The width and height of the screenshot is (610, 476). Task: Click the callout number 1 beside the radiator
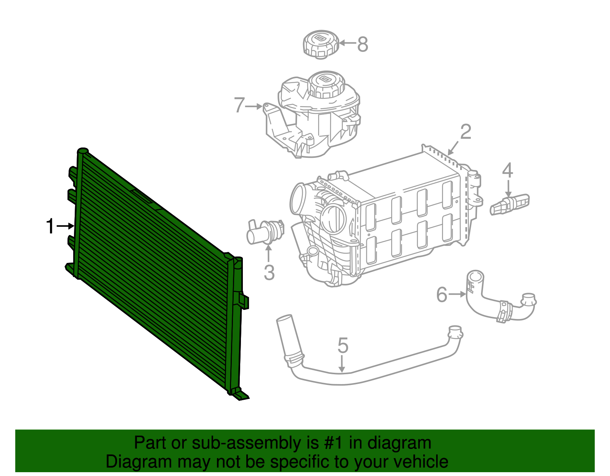(x=50, y=226)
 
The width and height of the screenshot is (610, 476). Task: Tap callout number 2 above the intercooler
(x=466, y=132)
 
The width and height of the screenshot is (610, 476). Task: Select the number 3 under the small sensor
(x=269, y=273)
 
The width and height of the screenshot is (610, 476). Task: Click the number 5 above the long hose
(x=343, y=345)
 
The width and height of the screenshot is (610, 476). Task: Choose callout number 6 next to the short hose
(x=441, y=295)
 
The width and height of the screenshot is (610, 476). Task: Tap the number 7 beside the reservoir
(x=239, y=105)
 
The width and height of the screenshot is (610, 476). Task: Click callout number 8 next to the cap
(x=363, y=44)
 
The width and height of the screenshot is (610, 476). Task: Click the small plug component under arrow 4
(x=510, y=204)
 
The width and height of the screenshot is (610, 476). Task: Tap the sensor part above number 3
(x=265, y=232)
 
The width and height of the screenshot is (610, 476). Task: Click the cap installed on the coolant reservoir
(x=326, y=84)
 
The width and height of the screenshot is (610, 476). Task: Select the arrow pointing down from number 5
(x=342, y=364)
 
